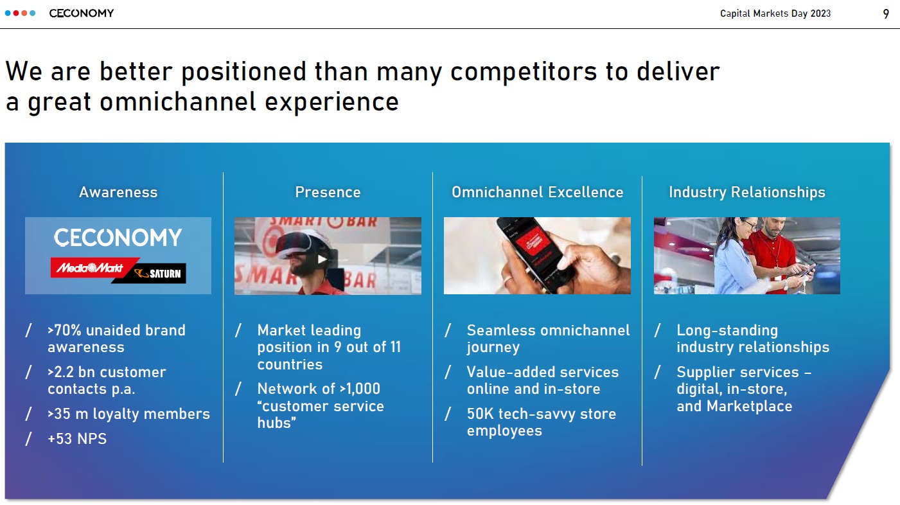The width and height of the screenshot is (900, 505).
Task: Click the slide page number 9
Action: click(x=885, y=14)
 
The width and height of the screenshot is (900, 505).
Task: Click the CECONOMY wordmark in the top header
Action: click(x=82, y=13)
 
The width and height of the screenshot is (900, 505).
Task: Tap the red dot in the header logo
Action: click(x=16, y=13)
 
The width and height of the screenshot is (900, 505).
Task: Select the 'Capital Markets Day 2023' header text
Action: click(x=775, y=13)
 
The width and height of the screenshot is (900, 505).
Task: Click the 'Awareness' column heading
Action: click(x=118, y=192)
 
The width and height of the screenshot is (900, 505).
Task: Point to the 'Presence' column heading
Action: click(x=328, y=192)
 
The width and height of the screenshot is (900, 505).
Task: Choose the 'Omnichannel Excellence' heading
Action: click(x=538, y=192)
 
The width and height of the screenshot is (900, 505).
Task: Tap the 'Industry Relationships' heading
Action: click(x=747, y=193)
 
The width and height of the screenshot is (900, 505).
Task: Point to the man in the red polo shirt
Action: click(x=773, y=255)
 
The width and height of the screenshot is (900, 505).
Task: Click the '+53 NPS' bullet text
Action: click(x=77, y=439)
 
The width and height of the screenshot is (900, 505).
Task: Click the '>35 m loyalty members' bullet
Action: click(x=128, y=414)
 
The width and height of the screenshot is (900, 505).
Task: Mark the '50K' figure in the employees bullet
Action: click(x=480, y=414)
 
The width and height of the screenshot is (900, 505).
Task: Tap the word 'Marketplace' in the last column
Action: click(x=749, y=406)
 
